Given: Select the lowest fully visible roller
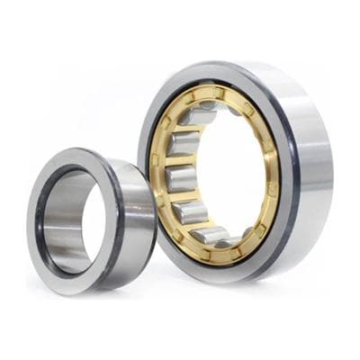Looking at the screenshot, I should pos(211,235).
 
